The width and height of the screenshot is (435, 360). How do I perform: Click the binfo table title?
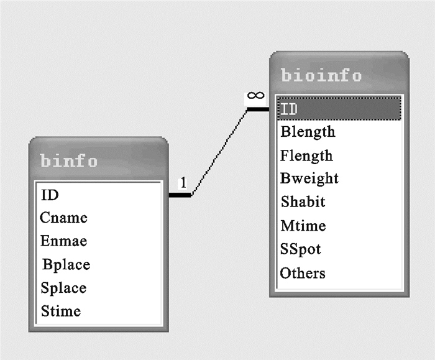pyautogui.click(x=69, y=161)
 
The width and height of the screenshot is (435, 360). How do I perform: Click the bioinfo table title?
pyautogui.click(x=321, y=76)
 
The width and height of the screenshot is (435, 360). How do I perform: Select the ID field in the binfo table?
pyautogui.click(x=50, y=195)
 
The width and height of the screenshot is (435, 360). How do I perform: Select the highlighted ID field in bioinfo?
pyautogui.click(x=290, y=109)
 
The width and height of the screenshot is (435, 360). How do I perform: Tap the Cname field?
pyautogui.click(x=63, y=218)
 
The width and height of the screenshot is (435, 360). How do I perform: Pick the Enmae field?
pyautogui.click(x=63, y=241)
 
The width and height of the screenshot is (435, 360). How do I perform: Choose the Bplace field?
pyautogui.click(x=66, y=264)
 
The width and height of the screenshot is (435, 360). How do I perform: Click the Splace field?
pyautogui.click(x=63, y=288)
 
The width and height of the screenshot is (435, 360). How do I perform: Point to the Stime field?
pyautogui.click(x=60, y=310)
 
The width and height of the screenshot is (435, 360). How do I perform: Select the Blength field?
pyautogui.click(x=308, y=132)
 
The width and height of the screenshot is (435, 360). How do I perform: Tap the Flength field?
pyautogui.click(x=306, y=155)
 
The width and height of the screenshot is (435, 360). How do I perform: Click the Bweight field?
pyautogui.click(x=309, y=178)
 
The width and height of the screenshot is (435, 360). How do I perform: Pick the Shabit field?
pyautogui.click(x=303, y=202)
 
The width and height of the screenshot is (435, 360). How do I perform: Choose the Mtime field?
pyautogui.click(x=303, y=226)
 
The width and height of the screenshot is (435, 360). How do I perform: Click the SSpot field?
pyautogui.click(x=301, y=249)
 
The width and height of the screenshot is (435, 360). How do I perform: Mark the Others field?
pyautogui.click(x=303, y=273)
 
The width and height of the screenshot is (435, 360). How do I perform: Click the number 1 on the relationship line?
pyautogui.click(x=183, y=183)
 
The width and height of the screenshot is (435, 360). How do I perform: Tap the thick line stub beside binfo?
pyautogui.click(x=180, y=195)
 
